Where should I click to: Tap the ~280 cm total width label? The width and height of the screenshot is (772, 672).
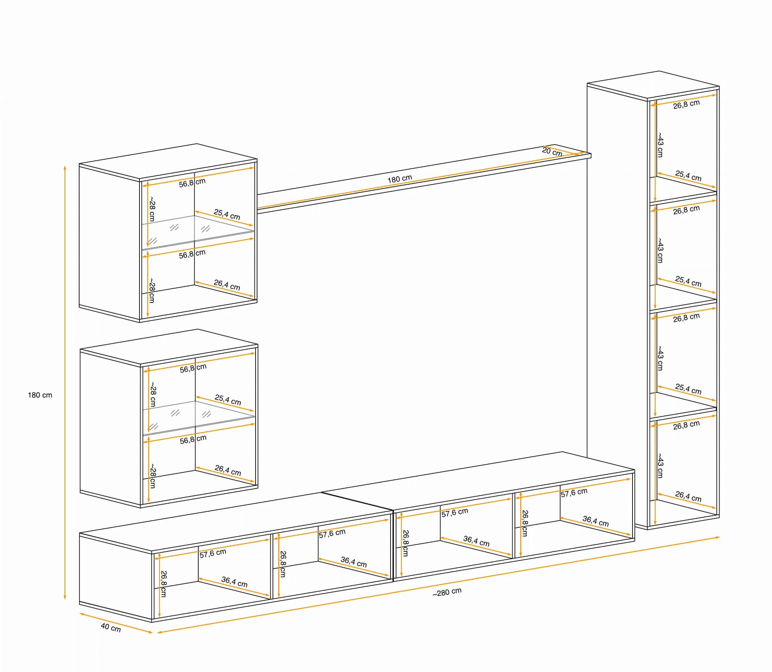[x=447, y=592]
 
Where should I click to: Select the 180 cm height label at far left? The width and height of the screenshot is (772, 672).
[x=40, y=395]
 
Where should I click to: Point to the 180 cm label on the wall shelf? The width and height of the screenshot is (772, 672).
[x=400, y=179]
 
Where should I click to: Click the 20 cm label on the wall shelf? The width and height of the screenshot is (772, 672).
[x=552, y=151]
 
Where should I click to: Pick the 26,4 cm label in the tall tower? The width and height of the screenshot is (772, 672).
[x=688, y=496]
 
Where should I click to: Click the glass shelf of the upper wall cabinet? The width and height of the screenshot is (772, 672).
[x=198, y=232]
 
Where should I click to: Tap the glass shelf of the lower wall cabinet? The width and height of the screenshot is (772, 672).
[x=199, y=418]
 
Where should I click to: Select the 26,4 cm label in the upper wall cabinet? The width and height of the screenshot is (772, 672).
[x=227, y=285]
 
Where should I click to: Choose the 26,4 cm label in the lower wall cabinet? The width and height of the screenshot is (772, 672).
[x=228, y=470]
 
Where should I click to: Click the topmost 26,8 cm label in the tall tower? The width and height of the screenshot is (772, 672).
[x=686, y=104]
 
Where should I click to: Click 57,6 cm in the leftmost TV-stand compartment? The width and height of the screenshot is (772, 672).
[x=213, y=553]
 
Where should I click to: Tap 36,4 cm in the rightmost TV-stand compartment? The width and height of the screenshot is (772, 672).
[x=596, y=521]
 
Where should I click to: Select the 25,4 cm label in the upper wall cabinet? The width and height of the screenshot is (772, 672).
[x=227, y=214]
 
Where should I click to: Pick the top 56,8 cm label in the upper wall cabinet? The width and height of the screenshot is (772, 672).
[x=192, y=183]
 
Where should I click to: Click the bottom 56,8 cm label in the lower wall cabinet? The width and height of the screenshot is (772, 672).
[x=193, y=440]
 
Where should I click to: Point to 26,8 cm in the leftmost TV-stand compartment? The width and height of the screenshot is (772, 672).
[x=164, y=584]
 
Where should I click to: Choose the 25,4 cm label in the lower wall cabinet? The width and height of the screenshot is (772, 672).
[x=228, y=400]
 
